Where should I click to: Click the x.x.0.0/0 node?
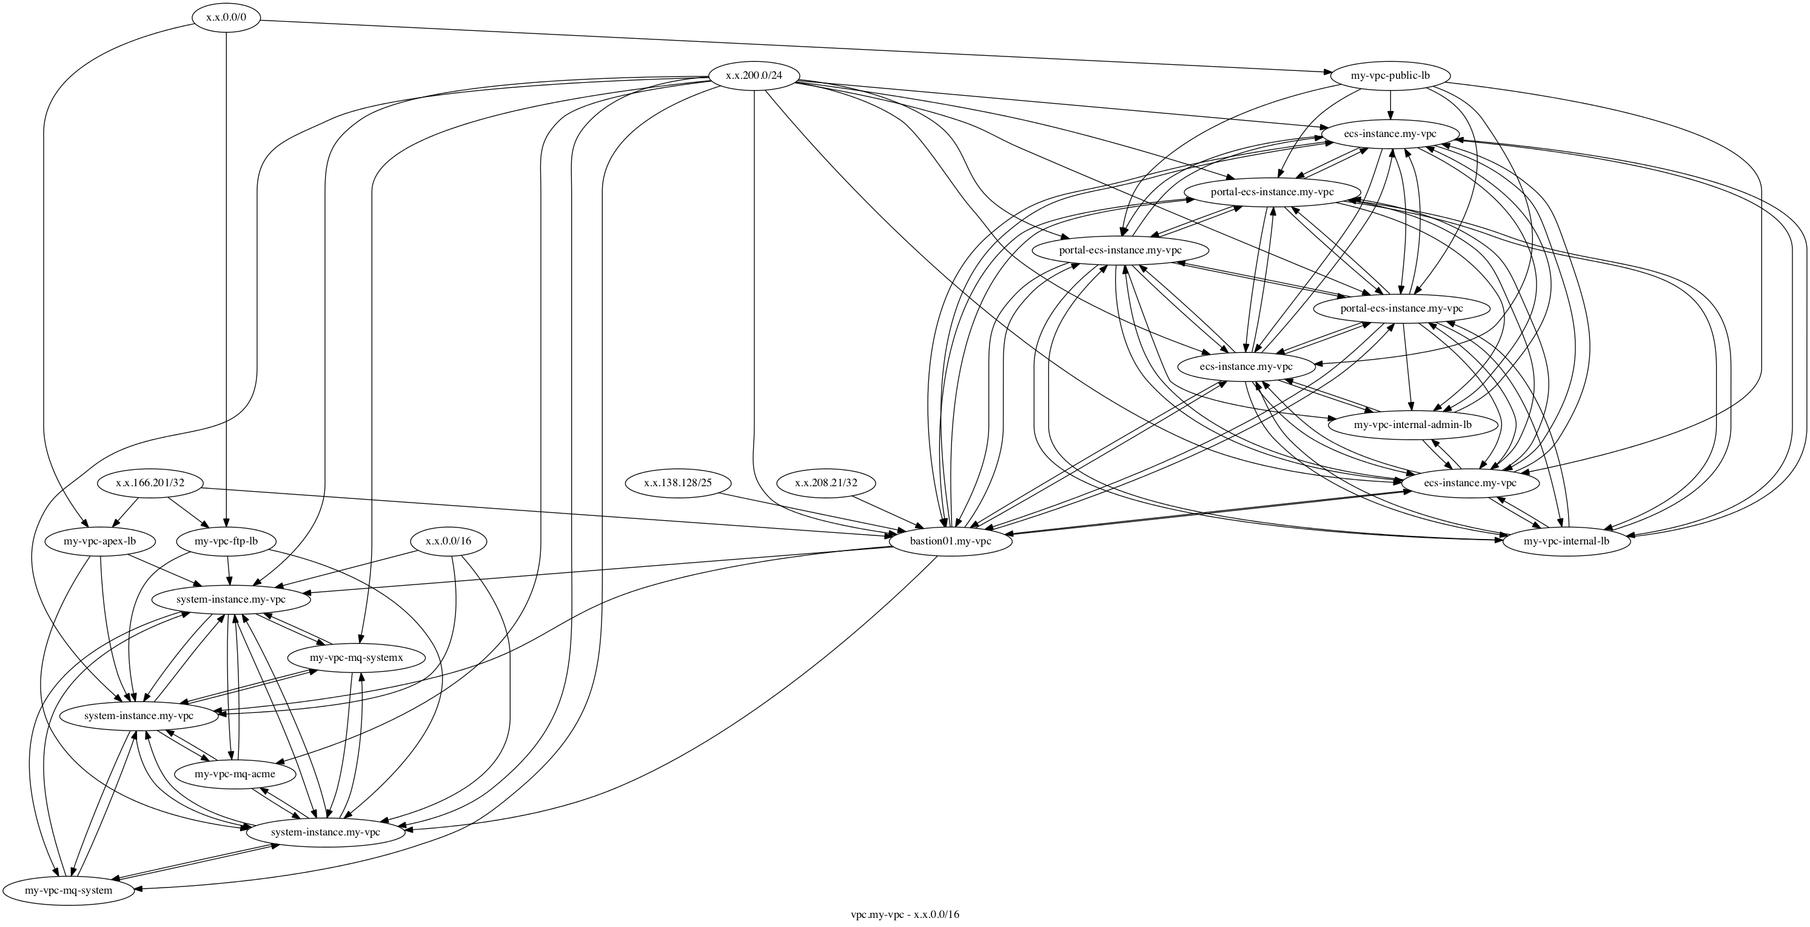pyautogui.click(x=226, y=18)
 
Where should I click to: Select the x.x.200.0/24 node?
pyautogui.click(x=753, y=75)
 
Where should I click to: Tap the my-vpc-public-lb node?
pyautogui.click(x=1390, y=75)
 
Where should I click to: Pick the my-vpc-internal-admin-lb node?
pyautogui.click(x=1412, y=424)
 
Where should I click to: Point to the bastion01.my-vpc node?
pyautogui.click(x=950, y=542)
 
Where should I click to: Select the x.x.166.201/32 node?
pyautogui.click(x=150, y=484)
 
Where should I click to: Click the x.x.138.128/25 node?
pyautogui.click(x=677, y=484)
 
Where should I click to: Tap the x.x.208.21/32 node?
pyautogui.click(x=826, y=484)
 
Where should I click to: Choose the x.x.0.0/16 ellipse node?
pyautogui.click(x=448, y=542)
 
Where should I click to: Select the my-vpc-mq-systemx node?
pyautogui.click(x=356, y=658)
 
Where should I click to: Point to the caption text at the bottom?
pyautogui.click(x=904, y=915)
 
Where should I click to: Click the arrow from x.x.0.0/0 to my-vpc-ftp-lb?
pyautogui.click(x=226, y=281)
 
